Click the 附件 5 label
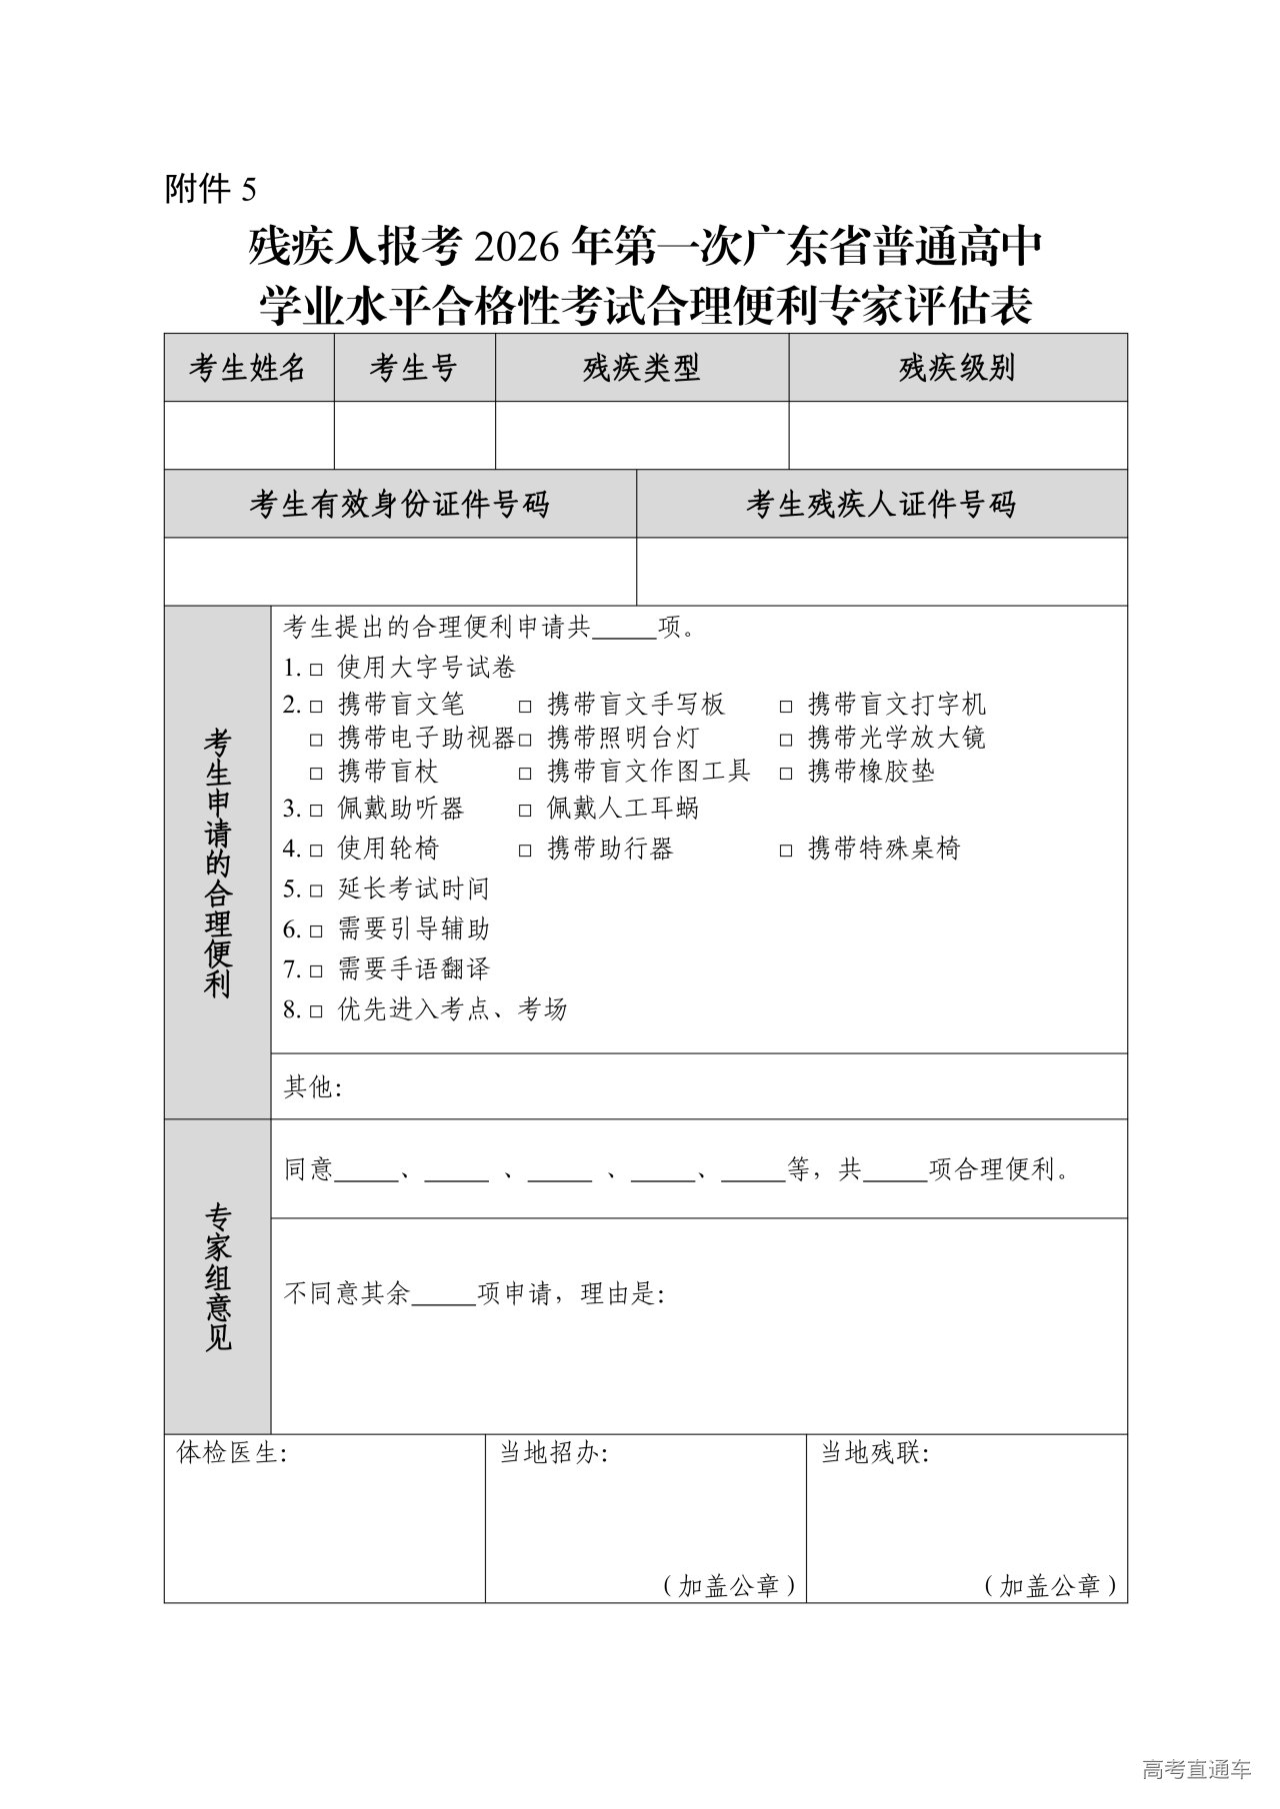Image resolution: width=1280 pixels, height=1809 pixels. [210, 188]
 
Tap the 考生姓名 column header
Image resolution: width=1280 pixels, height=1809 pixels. [248, 368]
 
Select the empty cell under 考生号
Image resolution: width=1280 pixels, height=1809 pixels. [414, 435]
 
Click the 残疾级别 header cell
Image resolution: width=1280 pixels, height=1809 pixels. [957, 368]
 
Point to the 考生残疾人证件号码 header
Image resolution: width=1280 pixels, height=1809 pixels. [881, 504]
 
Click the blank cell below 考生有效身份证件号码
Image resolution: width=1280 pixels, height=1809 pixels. [400, 571]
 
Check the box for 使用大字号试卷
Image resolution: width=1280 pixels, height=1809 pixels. [316, 668]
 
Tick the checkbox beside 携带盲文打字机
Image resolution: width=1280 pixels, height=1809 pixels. [787, 706]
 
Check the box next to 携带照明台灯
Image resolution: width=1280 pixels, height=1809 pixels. [526, 740]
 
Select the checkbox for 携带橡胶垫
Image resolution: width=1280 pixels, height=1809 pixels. [787, 773]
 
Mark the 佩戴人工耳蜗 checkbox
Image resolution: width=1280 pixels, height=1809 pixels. [526, 810]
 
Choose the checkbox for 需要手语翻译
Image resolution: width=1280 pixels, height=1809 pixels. [316, 970]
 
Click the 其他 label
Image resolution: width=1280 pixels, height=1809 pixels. [312, 1087]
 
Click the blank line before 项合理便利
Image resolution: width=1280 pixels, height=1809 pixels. [895, 1171]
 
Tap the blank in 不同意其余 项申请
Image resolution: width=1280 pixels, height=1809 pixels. [443, 1295]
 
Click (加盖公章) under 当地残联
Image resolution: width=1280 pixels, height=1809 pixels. [1050, 1585]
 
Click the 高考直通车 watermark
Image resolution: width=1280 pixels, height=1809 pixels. [1196, 1770]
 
